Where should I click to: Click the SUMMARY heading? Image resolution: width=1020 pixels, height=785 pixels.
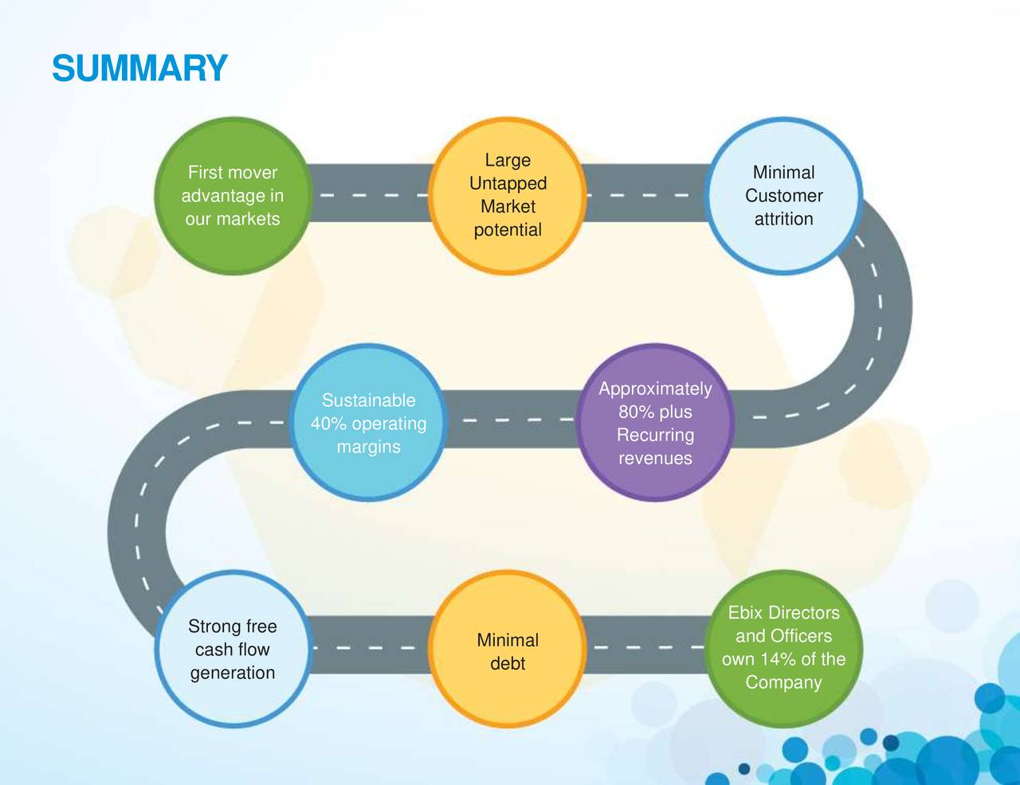coord(140,68)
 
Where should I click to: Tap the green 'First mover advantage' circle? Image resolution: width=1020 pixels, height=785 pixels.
coord(233,196)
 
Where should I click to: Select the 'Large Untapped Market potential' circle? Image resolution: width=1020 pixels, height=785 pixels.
coord(508,196)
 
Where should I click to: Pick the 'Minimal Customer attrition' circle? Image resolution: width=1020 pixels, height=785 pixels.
coord(783,196)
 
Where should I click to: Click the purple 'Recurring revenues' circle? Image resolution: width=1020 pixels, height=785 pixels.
coord(655,423)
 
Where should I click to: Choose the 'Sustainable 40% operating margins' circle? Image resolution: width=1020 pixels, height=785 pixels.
coord(368,423)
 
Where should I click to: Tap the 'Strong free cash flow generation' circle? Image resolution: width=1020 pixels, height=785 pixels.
coord(233,649)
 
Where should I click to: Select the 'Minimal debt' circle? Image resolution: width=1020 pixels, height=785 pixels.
coord(508,649)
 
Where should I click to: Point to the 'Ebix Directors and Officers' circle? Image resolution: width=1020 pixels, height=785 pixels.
coord(783,649)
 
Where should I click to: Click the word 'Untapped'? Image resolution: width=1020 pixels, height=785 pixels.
coord(508,184)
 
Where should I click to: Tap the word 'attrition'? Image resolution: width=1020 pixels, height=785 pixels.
coord(784,219)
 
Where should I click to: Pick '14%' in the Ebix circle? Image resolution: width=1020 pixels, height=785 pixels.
coord(779,659)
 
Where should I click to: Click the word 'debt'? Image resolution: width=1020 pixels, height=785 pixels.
coord(508,663)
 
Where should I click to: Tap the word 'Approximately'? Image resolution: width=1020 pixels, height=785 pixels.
coord(655,389)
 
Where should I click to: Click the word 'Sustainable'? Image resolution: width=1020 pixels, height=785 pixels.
coord(368,400)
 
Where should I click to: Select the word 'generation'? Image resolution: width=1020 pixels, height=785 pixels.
coord(233,674)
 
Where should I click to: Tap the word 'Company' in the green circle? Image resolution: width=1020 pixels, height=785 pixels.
coord(783,683)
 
